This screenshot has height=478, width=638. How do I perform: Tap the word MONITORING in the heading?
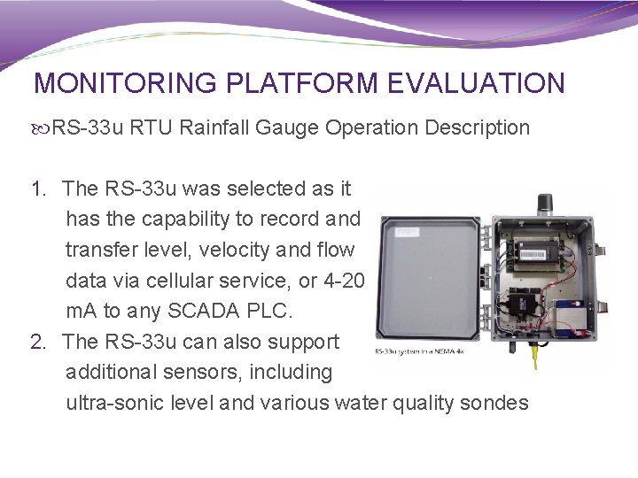pos(125,83)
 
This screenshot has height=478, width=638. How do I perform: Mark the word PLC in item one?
pos(270,312)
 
